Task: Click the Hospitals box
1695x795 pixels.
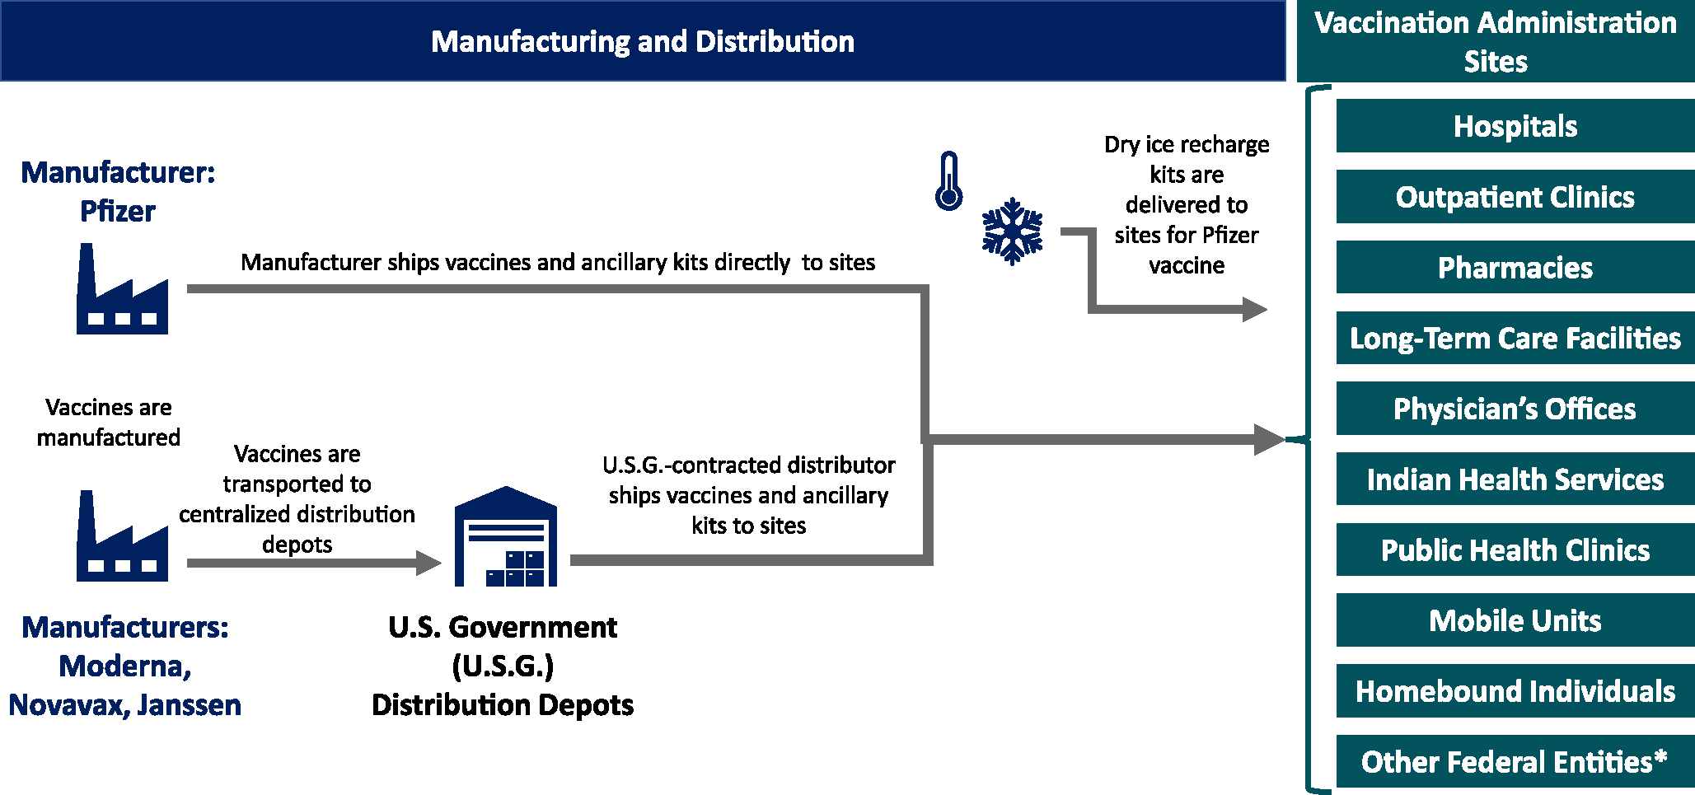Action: [1515, 126]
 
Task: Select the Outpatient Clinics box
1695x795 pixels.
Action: [1515, 197]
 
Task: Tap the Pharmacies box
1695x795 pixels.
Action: [1515, 268]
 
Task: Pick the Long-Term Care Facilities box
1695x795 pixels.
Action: [1515, 338]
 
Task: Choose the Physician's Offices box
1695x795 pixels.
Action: [1515, 409]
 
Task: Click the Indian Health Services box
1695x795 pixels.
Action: [1515, 479]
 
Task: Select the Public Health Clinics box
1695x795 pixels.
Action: [1515, 549]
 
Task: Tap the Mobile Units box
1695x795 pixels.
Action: [1515, 620]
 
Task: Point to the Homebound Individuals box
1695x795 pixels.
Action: [1515, 691]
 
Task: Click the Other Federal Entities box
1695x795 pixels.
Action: [1515, 762]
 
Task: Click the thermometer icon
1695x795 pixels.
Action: [948, 181]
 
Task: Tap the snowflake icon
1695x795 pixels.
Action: [1012, 231]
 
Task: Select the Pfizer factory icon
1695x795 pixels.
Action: [122, 291]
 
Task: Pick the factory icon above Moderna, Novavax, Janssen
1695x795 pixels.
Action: [122, 538]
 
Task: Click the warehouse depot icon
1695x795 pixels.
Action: [506, 538]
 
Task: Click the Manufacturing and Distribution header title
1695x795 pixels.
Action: [643, 41]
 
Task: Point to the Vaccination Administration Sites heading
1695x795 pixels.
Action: [1496, 41]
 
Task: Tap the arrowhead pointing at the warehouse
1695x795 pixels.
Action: [428, 564]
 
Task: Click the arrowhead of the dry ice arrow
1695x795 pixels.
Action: [1254, 310]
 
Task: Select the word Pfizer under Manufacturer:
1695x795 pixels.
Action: [118, 212]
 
